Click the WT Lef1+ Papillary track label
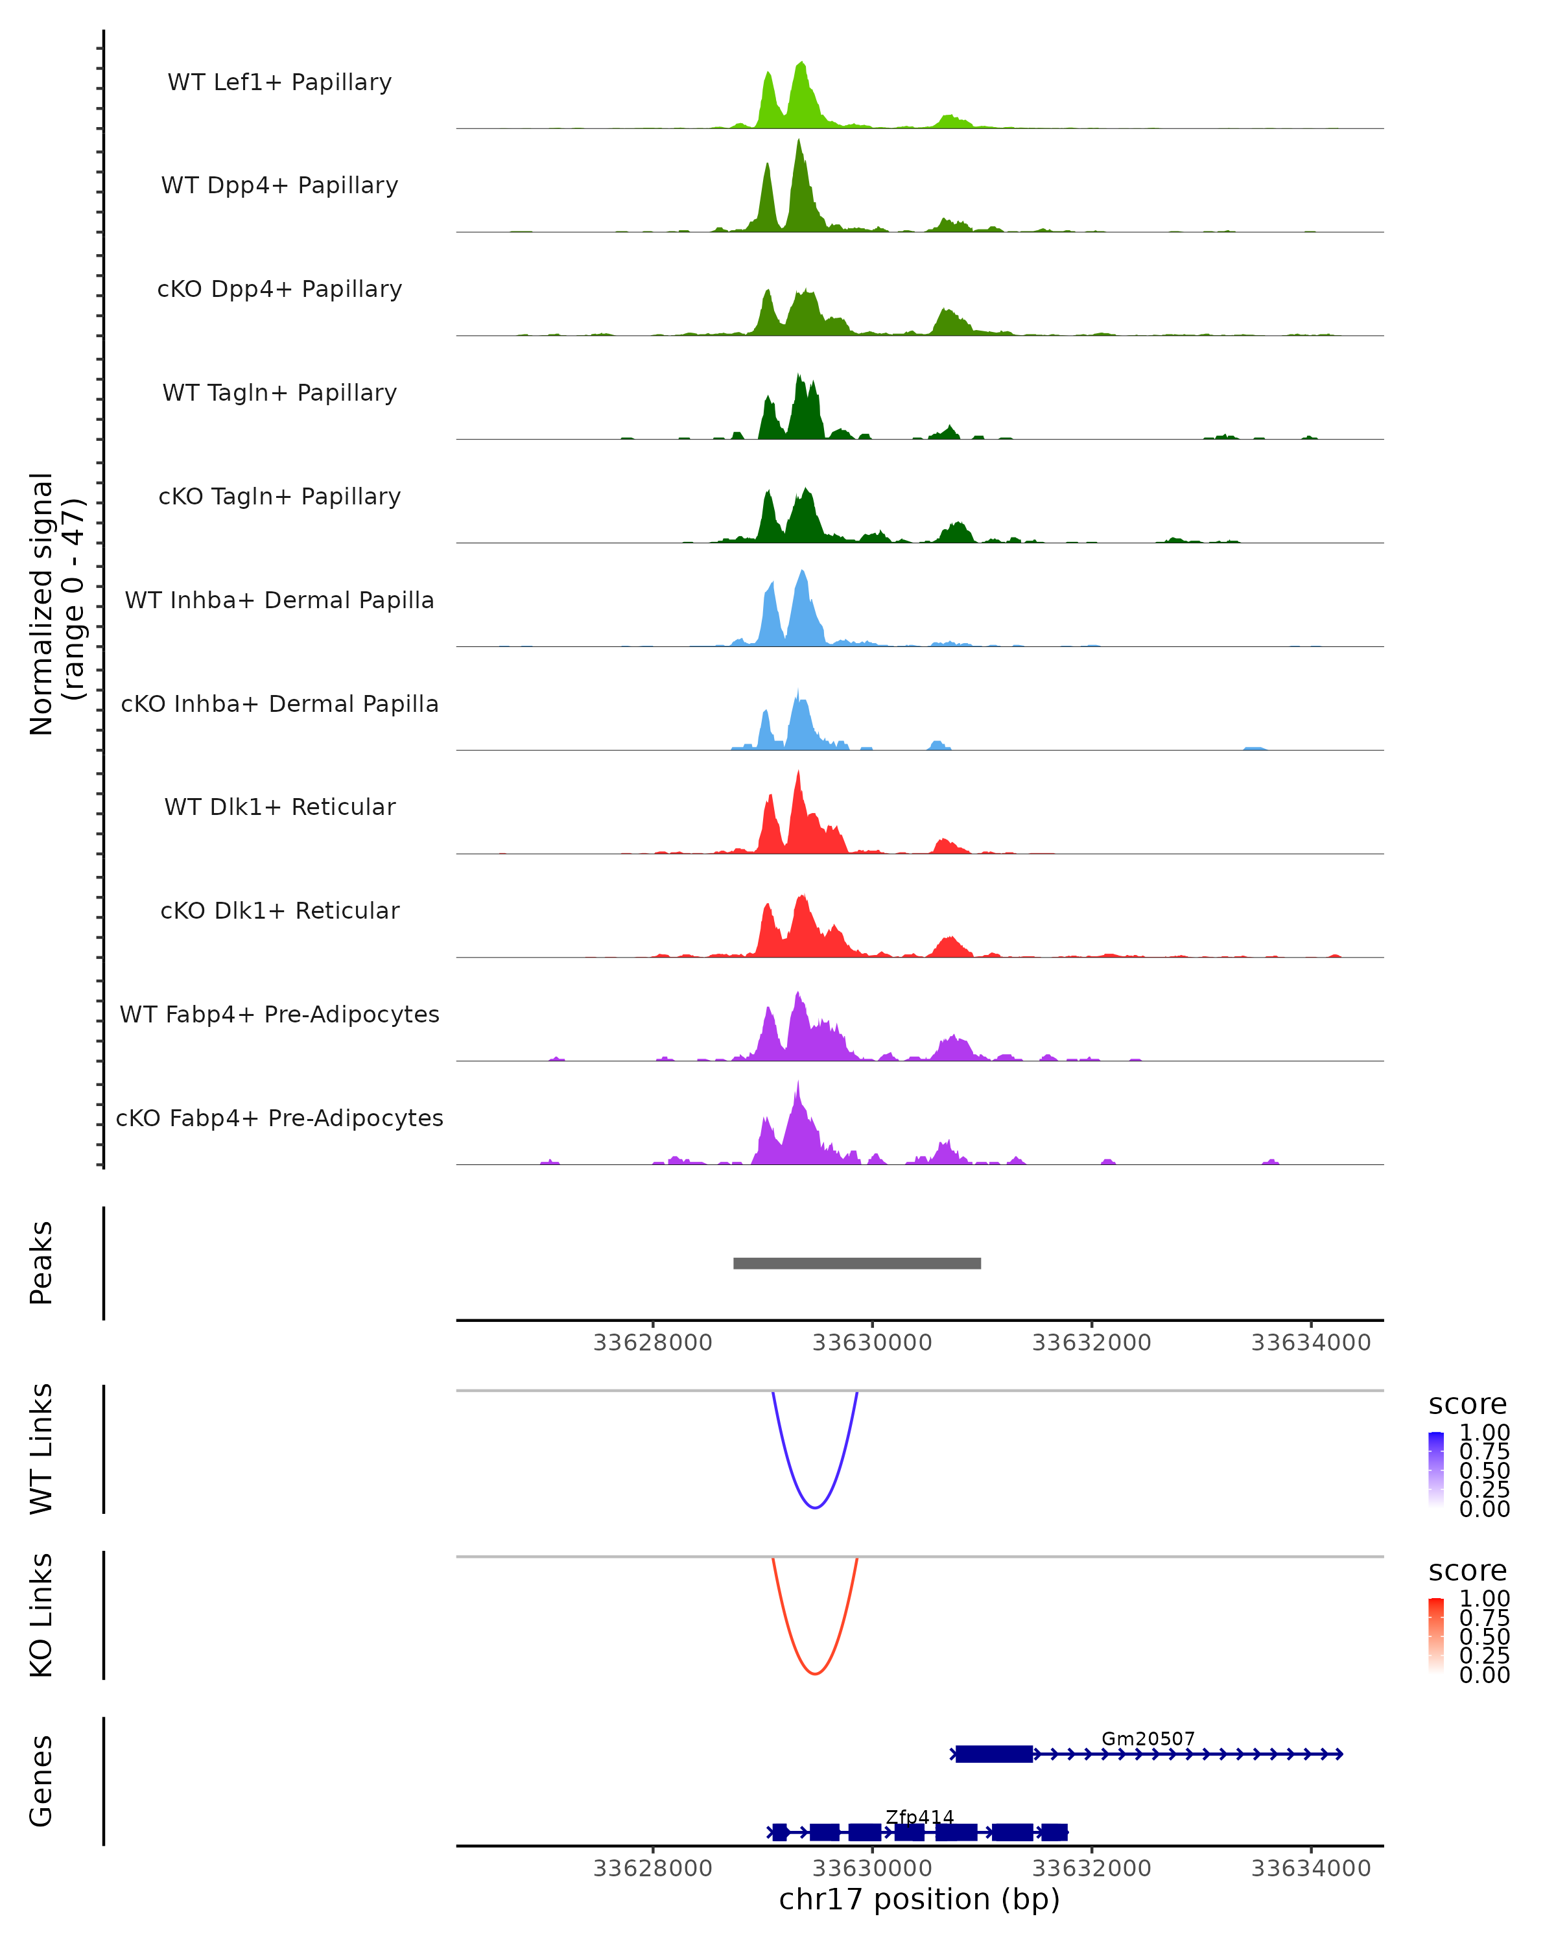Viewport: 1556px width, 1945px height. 279,82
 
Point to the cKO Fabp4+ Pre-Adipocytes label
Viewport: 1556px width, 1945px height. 279,1118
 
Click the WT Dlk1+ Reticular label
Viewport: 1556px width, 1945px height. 279,807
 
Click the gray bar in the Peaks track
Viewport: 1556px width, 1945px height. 857,1263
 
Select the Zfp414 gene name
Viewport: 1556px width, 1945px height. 919,1817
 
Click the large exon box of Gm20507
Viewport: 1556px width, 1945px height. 994,1754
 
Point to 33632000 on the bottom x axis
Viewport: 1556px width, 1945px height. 1091,1868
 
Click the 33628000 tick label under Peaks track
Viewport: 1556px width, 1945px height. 652,1343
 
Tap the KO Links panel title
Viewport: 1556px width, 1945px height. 41,1615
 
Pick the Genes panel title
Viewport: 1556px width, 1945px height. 41,1781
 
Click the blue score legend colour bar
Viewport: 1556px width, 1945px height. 1436,1470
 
